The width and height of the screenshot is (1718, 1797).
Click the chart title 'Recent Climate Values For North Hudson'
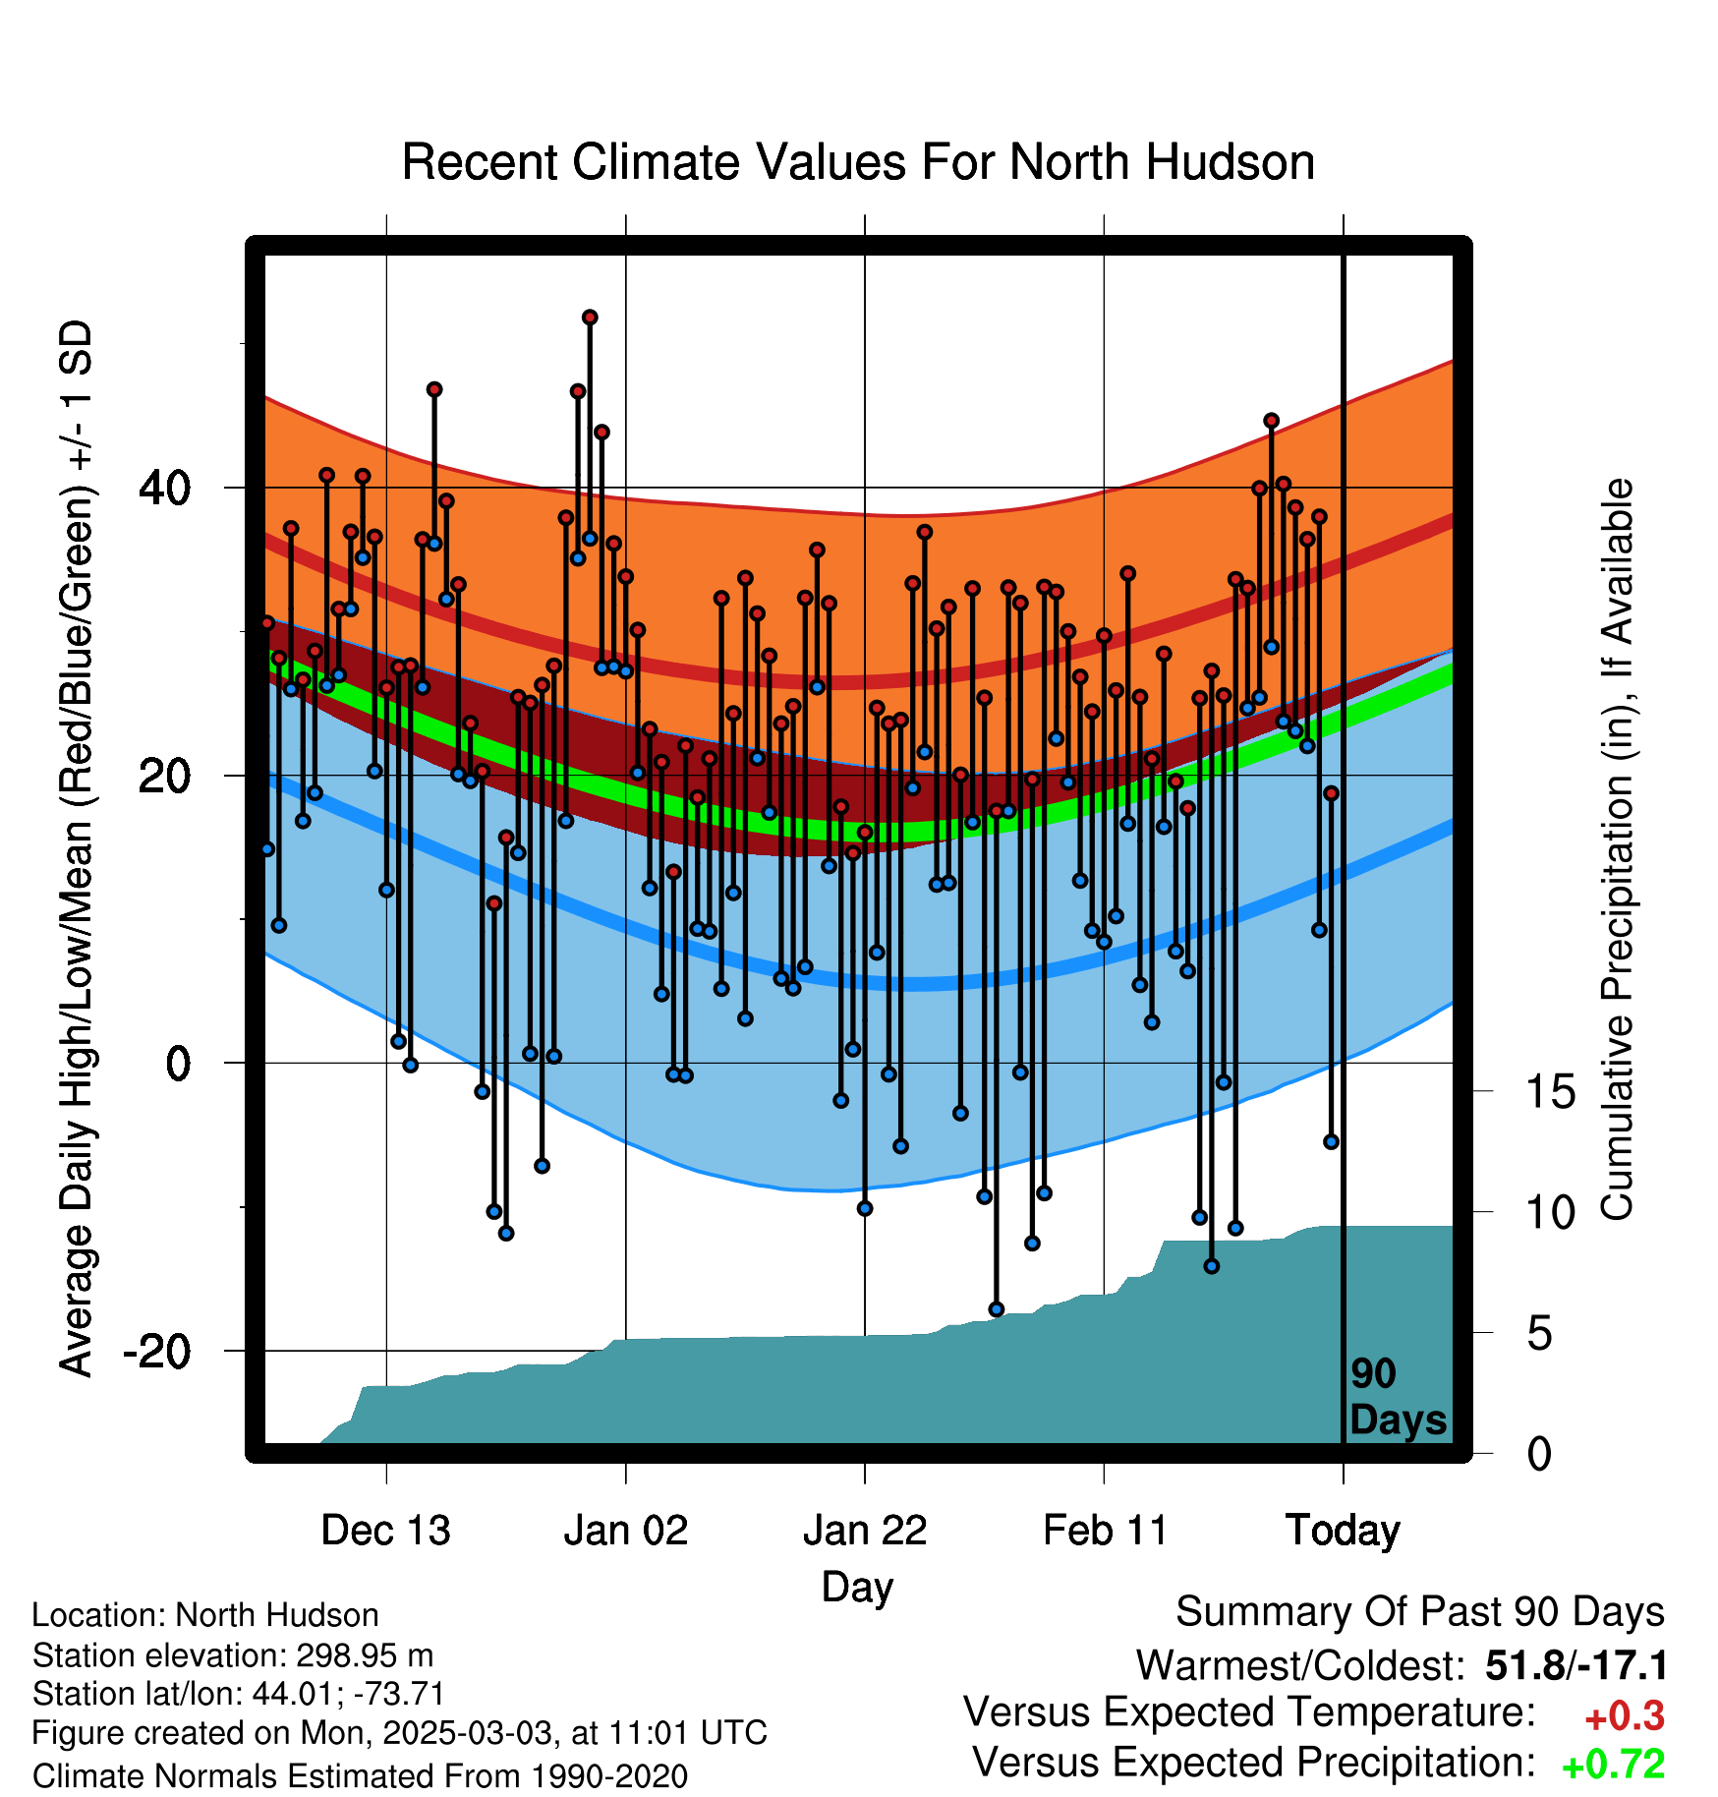click(858, 162)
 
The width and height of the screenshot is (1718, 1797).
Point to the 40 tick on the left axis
click(165, 488)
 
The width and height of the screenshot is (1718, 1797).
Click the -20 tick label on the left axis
click(157, 1351)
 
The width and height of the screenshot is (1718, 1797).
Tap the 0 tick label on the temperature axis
click(179, 1063)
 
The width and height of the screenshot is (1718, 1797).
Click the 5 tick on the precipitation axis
click(1539, 1333)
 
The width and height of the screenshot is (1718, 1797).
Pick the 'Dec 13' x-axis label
click(386, 1531)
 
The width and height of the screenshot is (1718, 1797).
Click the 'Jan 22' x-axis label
click(865, 1531)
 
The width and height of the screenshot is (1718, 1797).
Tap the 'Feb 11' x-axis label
click(1105, 1531)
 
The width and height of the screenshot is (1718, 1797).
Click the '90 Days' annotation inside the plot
click(1398, 1397)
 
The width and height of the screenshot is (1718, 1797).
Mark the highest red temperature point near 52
click(590, 318)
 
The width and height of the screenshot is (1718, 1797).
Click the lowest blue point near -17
click(997, 1309)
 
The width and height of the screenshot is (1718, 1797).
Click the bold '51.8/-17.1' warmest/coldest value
click(1576, 1666)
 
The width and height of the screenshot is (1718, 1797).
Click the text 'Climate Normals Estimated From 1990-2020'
click(360, 1776)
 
